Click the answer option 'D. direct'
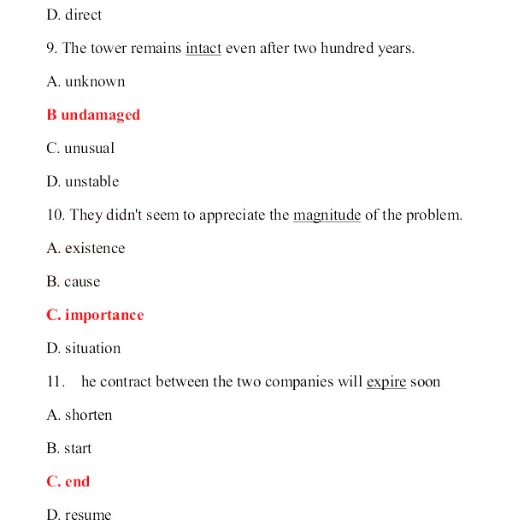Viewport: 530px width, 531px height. (x=74, y=15)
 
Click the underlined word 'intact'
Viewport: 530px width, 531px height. (x=203, y=48)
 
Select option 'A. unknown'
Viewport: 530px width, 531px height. (x=85, y=81)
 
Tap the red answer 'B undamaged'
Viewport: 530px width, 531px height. (x=93, y=115)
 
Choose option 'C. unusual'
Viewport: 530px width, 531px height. (x=80, y=148)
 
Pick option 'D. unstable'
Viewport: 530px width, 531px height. (x=83, y=181)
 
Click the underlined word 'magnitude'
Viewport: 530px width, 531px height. (x=327, y=215)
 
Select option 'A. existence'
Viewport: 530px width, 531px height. (x=85, y=248)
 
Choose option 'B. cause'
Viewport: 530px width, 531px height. (x=74, y=281)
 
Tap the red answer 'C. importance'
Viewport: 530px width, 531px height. (x=95, y=315)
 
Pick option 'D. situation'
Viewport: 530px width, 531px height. (x=84, y=348)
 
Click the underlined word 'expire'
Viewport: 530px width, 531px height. (x=386, y=381)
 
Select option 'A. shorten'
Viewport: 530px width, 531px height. (x=79, y=415)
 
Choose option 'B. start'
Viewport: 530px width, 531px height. (x=69, y=448)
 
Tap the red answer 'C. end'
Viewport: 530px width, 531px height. (x=68, y=481)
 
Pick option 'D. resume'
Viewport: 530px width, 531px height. (x=79, y=515)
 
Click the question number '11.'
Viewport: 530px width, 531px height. (x=56, y=381)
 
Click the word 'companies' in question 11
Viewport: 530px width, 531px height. (x=299, y=381)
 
